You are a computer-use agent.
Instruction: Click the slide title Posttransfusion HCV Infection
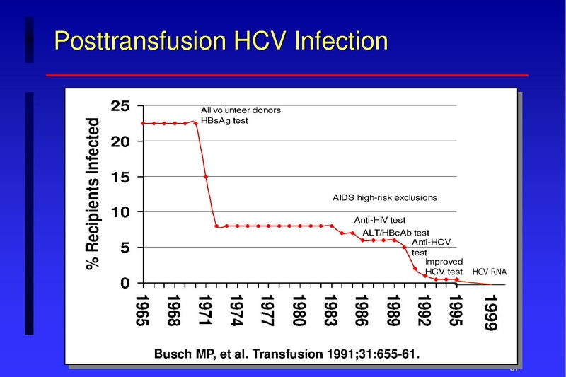pos(221,40)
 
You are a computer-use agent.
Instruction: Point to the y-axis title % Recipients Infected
pos(92,193)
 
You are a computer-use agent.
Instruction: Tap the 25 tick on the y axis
pos(120,106)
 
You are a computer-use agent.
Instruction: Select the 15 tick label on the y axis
pos(120,177)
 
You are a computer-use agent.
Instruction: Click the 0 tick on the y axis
pos(125,283)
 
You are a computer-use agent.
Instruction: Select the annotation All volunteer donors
pos(241,110)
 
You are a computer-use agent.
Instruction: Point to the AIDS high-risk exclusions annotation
pos(385,197)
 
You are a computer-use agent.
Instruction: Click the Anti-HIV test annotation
pos(379,220)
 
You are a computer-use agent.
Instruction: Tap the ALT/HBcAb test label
pos(395,233)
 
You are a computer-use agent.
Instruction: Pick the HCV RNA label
pos(490,272)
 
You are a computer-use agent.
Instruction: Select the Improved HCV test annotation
pos(444,267)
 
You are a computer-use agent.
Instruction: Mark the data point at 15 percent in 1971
pos(206,177)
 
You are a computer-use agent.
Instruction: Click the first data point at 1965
pos(144,123)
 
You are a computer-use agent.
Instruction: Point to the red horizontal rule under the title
pos(287,75)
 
